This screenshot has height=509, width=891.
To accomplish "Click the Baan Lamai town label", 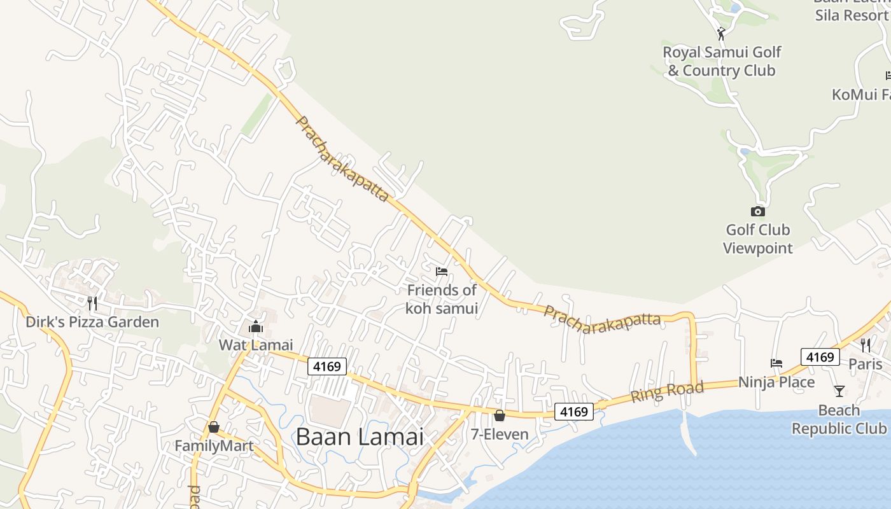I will coord(360,437).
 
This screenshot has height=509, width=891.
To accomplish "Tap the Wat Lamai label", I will coord(256,345).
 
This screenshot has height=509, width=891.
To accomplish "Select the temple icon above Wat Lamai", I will coord(256,327).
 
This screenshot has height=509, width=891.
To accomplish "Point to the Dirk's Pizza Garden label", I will coord(92,322).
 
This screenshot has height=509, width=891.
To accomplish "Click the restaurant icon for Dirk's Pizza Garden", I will coord(92,303).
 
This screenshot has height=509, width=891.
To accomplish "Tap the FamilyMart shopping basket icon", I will coord(214,427).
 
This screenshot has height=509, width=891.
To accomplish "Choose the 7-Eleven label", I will coord(500,435).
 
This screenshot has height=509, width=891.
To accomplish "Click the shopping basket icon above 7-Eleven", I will coord(500,416).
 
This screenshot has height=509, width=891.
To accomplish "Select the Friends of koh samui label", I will coord(442,299).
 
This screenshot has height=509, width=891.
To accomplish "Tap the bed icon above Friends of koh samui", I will coord(442,272).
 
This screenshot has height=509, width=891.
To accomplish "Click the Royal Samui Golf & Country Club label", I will coord(722,61).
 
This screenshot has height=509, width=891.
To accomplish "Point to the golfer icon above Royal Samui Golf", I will coord(721,33).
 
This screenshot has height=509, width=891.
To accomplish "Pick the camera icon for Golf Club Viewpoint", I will coord(757,212).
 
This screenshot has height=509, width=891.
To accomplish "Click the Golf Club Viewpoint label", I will coord(757,239).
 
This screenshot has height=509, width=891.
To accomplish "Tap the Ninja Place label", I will coord(776,382).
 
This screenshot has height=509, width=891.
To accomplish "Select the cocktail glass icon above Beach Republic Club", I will coord(839,391).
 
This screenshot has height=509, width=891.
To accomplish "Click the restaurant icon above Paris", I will coord(866,345).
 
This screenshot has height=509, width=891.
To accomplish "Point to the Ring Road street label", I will coord(667,391).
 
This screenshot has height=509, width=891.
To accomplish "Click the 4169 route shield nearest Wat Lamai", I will coord(327,366).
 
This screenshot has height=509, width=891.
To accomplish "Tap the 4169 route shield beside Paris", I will coord(820,357).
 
